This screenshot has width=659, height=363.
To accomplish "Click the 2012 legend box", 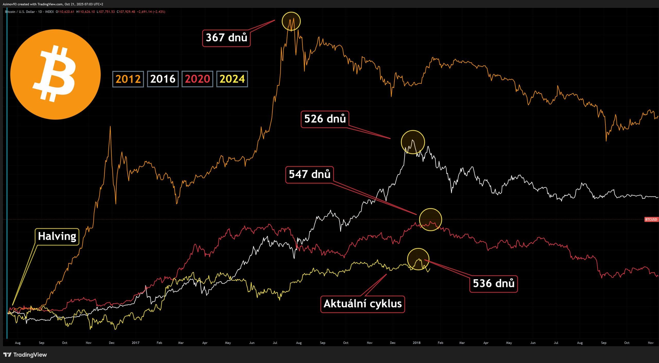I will pyautogui.click(x=128, y=79).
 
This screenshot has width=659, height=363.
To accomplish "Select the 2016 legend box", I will pyautogui.click(x=163, y=79).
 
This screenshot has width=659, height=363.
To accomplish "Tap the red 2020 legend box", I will pyautogui.click(x=197, y=79).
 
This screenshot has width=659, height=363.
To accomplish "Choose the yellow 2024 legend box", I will pyautogui.click(x=232, y=79).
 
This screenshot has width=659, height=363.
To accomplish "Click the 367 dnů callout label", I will pyautogui.click(x=226, y=38).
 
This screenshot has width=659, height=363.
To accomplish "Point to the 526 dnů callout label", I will pyautogui.click(x=325, y=119).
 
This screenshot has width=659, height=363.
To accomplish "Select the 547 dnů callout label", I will pyautogui.click(x=309, y=175).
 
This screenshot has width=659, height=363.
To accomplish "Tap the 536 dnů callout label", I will pyautogui.click(x=493, y=284).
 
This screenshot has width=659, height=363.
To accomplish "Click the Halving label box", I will pyautogui.click(x=57, y=236).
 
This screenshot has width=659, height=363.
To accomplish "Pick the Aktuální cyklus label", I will pyautogui.click(x=362, y=304).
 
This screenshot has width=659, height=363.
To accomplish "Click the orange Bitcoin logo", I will pyautogui.click(x=55, y=74).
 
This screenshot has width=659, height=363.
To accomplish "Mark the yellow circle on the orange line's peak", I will pyautogui.click(x=291, y=21).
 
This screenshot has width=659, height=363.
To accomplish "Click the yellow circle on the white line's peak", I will pyautogui.click(x=413, y=142).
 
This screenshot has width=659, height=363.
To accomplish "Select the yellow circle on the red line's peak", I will pyautogui.click(x=430, y=219).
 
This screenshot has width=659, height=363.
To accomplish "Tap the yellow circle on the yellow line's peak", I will pyautogui.click(x=418, y=259).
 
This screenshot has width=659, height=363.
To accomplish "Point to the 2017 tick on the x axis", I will pyautogui.click(x=135, y=343).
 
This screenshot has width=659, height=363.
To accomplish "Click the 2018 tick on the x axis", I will pyautogui.click(x=417, y=343).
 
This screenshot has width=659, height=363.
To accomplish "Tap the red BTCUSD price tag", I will pyautogui.click(x=651, y=219).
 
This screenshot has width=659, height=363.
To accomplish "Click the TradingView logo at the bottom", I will pyautogui.click(x=25, y=355).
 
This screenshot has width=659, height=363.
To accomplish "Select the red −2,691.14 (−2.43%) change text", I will pyautogui.click(x=151, y=12).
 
